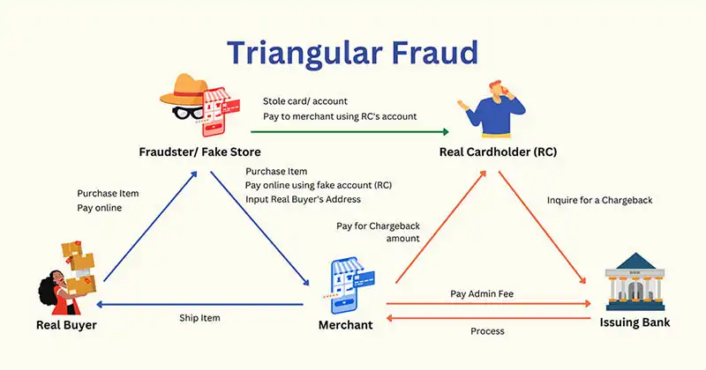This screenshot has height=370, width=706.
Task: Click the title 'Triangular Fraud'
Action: tap(352, 54)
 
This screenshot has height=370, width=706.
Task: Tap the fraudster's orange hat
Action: tap(184, 89)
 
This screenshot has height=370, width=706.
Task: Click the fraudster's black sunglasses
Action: tap(188, 113)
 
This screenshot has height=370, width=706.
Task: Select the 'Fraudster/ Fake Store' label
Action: tap(199, 152)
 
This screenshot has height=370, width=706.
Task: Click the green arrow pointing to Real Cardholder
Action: tap(349, 132)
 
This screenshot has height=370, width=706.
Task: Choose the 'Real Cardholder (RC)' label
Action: tap(498, 152)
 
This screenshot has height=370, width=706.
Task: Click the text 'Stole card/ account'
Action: tap(305, 101)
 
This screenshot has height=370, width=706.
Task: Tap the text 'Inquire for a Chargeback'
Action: tap(600, 200)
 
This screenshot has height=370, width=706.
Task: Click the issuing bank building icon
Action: tap(635, 281)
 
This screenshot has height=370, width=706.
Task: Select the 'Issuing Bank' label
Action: tap(635, 322)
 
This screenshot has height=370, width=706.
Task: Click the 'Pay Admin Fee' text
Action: tap(482, 293)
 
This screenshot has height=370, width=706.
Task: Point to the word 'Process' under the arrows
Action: tap(487, 331)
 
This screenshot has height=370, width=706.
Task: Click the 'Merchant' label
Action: tap(345, 324)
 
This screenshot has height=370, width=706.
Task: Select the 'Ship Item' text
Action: tap(199, 318)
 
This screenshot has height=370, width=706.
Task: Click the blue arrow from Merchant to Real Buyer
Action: tap(200, 304)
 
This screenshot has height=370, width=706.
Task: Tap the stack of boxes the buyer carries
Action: tap(79, 265)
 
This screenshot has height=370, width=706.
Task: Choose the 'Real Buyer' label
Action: tap(66, 324)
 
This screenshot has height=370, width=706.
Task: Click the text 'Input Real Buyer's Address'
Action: tap(303, 199)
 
